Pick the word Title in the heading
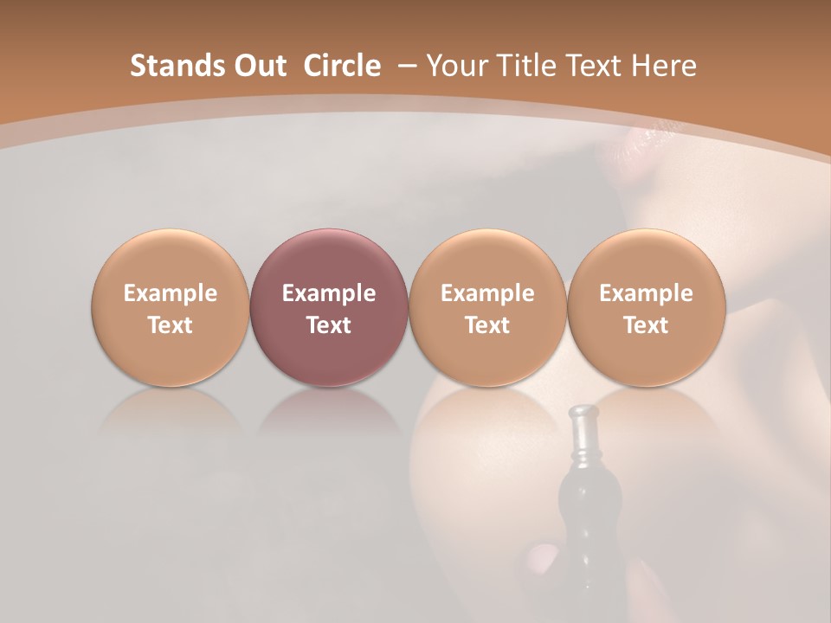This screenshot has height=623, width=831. point(525,66)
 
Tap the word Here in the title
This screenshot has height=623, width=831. point(664,66)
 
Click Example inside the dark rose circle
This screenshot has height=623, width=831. point(329,293)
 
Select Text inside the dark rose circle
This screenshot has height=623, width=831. point(329,325)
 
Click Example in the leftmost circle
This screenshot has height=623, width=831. point(171,293)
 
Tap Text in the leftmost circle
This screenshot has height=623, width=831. point(171,325)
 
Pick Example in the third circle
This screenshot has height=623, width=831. point(487,293)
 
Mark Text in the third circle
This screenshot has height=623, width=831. point(487,325)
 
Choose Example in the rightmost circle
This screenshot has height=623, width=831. point(646,293)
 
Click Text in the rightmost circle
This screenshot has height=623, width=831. point(646,325)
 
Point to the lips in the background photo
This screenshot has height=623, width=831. point(636,147)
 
